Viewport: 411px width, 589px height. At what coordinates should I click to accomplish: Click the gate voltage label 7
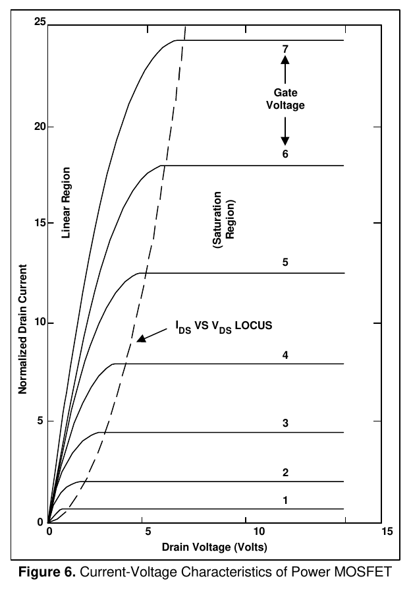pyautogui.click(x=285, y=49)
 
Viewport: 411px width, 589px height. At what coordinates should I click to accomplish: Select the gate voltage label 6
pyautogui.click(x=285, y=154)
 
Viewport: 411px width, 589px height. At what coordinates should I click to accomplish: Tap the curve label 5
pyautogui.click(x=285, y=263)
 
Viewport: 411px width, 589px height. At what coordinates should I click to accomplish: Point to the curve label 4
pyautogui.click(x=285, y=355)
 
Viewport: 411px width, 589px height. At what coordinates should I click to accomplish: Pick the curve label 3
pyautogui.click(x=285, y=423)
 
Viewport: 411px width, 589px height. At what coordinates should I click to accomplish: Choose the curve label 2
pyautogui.click(x=285, y=472)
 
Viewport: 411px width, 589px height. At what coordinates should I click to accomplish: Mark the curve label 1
pyautogui.click(x=285, y=501)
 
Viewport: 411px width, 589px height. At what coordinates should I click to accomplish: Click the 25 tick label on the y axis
pyautogui.click(x=40, y=22)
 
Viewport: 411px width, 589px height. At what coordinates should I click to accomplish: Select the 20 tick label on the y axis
pyautogui.click(x=40, y=127)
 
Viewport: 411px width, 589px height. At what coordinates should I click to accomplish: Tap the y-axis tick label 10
pyautogui.click(x=40, y=323)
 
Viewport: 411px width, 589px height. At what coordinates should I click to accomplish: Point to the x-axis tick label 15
pyautogui.click(x=387, y=531)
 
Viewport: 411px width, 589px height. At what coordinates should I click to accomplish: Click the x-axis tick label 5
pyautogui.click(x=148, y=531)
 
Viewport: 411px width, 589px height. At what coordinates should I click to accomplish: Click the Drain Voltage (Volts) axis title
pyautogui.click(x=215, y=547)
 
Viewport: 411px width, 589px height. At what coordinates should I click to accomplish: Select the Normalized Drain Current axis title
pyautogui.click(x=23, y=329)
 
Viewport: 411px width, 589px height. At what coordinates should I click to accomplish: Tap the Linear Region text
pyautogui.click(x=66, y=203)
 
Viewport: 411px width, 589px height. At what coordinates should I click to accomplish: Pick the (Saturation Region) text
pyautogui.click(x=224, y=220)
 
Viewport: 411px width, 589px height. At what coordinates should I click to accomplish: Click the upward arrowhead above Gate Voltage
pyautogui.click(x=285, y=60)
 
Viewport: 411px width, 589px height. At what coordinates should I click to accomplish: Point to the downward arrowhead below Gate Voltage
pyautogui.click(x=285, y=141)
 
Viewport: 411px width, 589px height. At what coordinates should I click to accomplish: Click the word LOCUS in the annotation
pyautogui.click(x=254, y=325)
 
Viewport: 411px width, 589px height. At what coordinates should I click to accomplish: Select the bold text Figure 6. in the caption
pyautogui.click(x=47, y=572)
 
